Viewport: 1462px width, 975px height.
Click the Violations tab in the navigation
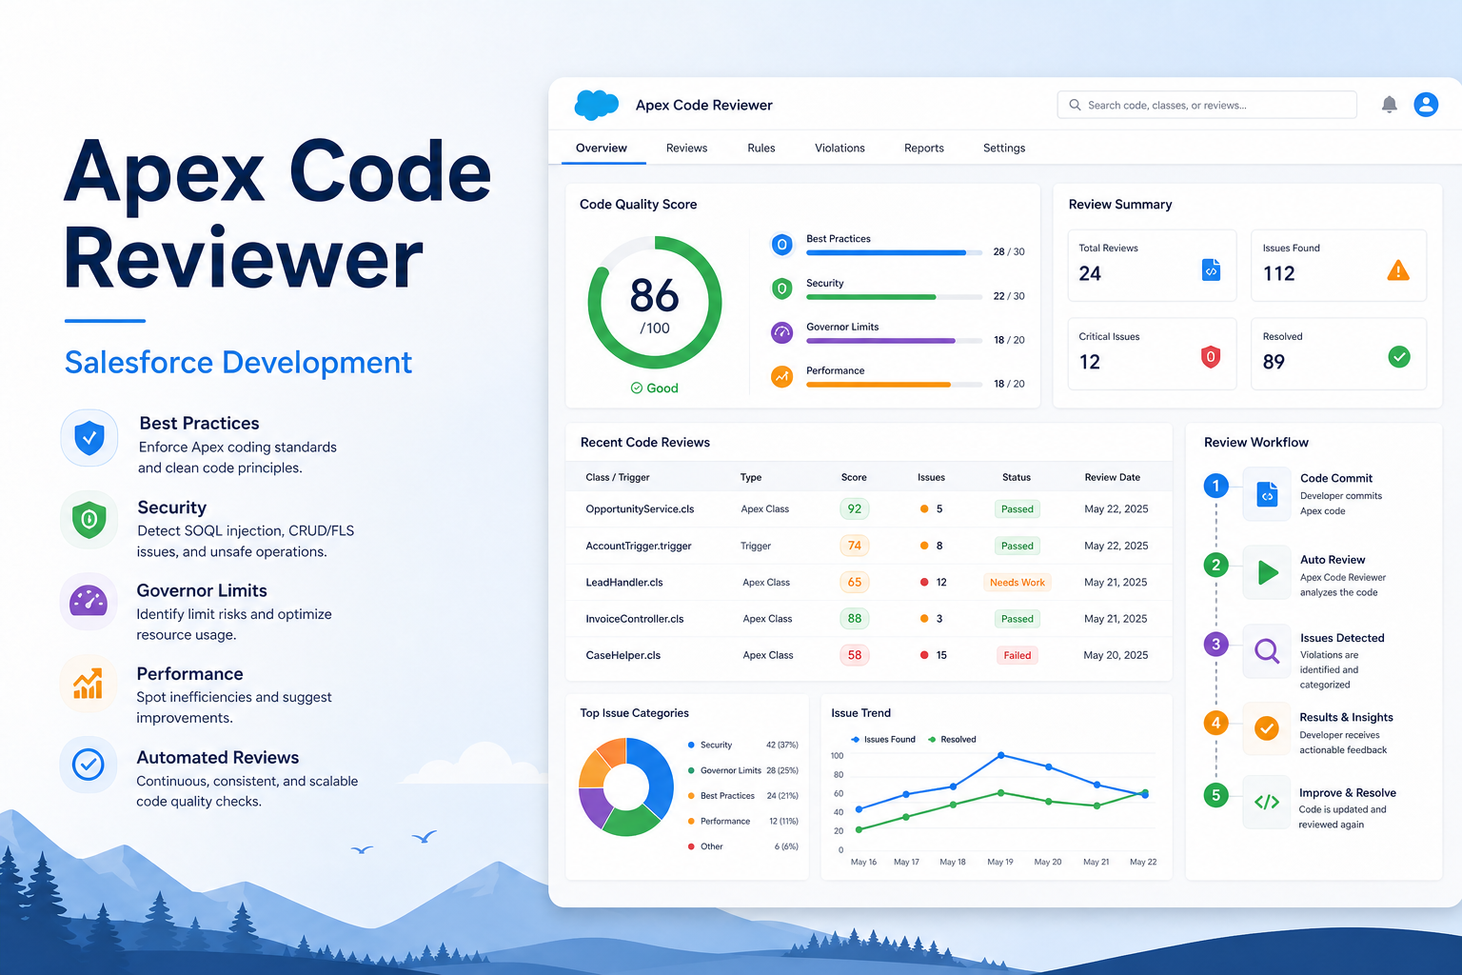[x=840, y=149]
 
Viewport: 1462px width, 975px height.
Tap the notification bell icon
[x=1389, y=105]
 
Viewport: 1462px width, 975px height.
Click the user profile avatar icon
[x=1426, y=105]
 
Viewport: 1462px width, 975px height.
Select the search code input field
[x=1207, y=105]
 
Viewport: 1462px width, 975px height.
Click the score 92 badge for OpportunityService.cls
[x=855, y=508]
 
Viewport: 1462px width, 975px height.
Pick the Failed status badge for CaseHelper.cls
[x=1017, y=655]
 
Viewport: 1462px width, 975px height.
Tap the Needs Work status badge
[x=1017, y=582]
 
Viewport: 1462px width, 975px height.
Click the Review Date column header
[x=1112, y=477]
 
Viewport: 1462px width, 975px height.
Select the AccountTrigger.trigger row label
[x=639, y=546]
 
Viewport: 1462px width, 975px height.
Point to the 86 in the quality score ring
[x=654, y=295]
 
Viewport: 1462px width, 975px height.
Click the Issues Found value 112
[x=1278, y=273]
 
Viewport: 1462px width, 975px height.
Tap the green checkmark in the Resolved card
[x=1398, y=356]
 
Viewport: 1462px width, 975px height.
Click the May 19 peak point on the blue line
[x=1000, y=756]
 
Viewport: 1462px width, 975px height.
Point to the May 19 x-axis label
[x=1000, y=862]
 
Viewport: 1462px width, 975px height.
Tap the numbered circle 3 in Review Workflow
[x=1215, y=645]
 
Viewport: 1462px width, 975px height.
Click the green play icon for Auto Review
[x=1268, y=573]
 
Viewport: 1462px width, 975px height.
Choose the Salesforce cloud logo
[x=596, y=105]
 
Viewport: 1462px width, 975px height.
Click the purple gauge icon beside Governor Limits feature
[x=89, y=602]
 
